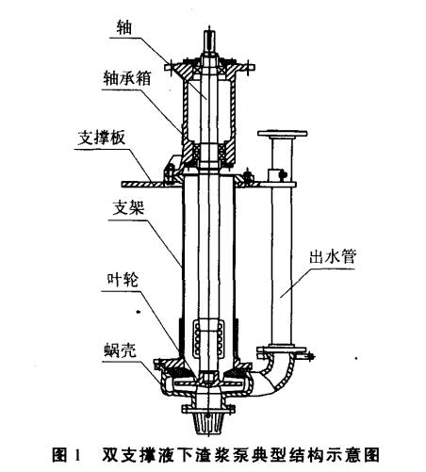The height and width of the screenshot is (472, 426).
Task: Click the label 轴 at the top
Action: click(x=123, y=27)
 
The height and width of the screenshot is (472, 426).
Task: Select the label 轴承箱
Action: click(x=127, y=78)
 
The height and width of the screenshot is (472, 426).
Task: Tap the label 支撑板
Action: click(x=101, y=138)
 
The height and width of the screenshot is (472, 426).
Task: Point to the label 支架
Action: click(x=128, y=208)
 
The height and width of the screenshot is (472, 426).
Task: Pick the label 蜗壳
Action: click(x=120, y=350)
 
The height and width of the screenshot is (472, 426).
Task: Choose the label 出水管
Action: click(x=333, y=257)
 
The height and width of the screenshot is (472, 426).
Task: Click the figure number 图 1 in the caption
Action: click(x=66, y=454)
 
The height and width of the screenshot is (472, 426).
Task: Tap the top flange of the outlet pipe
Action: click(x=283, y=133)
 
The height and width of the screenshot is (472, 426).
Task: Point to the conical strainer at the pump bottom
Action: click(x=207, y=422)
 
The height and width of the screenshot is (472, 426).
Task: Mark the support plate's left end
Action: click(x=122, y=184)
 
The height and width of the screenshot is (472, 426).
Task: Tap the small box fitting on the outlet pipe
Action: click(x=274, y=174)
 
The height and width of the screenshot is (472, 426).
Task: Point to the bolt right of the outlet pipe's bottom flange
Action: click(x=309, y=356)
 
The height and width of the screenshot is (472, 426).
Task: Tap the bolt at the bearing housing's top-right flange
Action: click(x=250, y=68)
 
